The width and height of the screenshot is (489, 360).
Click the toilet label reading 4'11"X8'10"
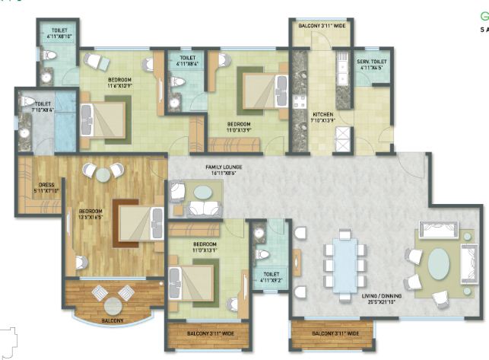54,31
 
